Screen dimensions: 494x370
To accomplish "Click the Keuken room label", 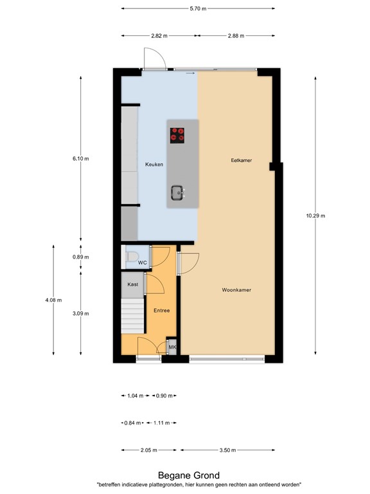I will pos(154,165).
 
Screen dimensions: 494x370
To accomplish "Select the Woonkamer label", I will pos(236,290).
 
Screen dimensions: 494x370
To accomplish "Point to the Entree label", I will pos(162,311).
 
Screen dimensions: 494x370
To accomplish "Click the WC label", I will pos(143,263).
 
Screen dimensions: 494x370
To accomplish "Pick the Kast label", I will pos(133,284).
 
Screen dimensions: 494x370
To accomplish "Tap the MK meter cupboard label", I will pos(172,347).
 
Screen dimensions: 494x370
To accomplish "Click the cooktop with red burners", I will pos(178,135).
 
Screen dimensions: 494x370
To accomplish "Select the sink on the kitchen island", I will pos(178,192).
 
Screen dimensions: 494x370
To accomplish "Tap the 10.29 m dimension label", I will pos(316,215).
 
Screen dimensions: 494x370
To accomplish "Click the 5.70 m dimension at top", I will pos(198,9).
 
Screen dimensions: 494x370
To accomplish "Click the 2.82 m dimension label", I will pos(159,36).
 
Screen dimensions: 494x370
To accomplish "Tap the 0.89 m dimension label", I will pos(81,257).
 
